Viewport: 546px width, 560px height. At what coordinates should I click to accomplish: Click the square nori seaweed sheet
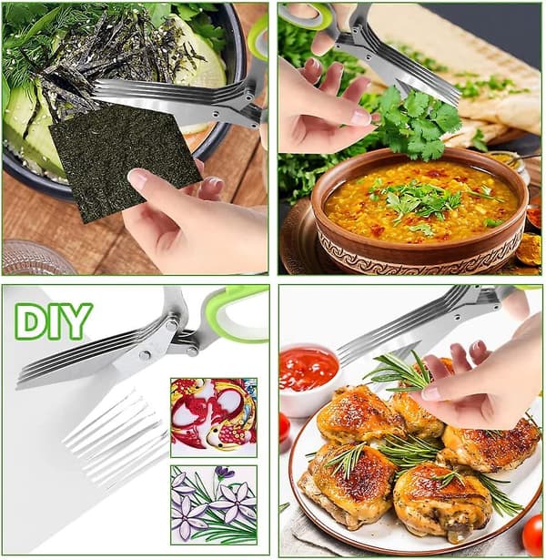click(125, 160)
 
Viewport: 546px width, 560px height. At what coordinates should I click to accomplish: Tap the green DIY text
click(54, 321)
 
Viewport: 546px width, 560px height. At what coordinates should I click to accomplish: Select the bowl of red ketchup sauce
click(309, 369)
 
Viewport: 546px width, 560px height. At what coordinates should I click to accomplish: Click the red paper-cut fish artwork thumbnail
click(214, 418)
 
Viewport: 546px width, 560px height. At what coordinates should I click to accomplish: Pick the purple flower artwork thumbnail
click(214, 504)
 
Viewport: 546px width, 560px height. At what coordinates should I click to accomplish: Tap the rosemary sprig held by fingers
click(399, 372)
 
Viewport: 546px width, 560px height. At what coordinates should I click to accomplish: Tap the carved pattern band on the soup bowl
click(421, 257)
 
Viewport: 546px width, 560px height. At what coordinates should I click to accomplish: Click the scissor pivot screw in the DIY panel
click(146, 354)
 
